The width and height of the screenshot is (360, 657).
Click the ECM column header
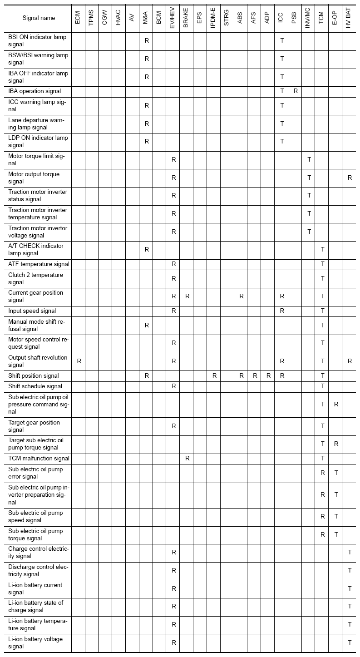78,18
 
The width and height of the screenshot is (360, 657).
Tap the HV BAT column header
349,18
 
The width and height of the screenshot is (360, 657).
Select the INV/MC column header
308,18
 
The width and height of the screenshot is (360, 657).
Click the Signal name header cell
39,18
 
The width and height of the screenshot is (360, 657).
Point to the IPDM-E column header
213,18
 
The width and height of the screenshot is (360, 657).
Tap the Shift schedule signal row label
35,386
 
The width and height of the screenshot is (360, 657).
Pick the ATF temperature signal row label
39,264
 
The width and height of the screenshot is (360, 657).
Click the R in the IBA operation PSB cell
296,91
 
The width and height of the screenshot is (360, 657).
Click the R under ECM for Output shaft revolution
79,361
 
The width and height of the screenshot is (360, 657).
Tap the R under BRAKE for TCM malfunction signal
187,459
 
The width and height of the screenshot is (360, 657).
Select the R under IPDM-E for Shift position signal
214,376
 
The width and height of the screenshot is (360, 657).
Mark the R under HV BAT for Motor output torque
350,178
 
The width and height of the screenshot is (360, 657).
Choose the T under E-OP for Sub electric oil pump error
336,473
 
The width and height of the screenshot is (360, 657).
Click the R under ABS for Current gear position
242,296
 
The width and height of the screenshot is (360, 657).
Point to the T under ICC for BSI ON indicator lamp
282,40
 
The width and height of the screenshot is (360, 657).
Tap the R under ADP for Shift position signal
268,376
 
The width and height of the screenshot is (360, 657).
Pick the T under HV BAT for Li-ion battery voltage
350,642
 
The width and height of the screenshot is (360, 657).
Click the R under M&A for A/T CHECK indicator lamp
147,249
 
